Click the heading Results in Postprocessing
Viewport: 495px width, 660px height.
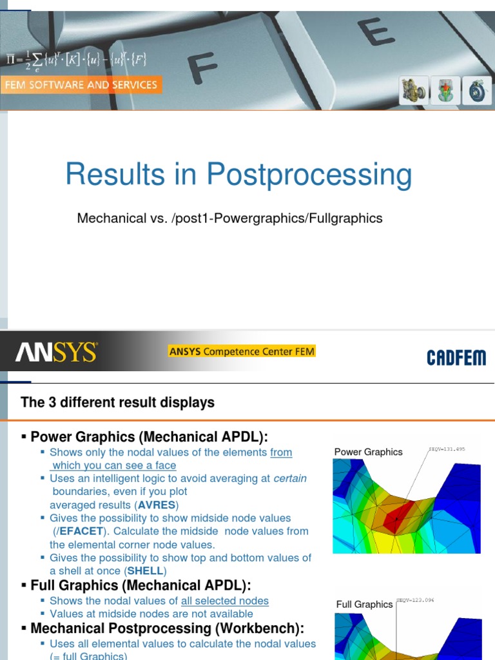coord(238,175)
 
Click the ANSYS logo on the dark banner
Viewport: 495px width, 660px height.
coord(56,353)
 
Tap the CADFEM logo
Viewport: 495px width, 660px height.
coord(456,358)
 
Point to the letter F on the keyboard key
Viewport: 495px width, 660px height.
coord(204,70)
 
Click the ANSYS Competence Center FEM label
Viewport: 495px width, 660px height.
coord(242,352)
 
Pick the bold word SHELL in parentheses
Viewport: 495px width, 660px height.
coord(145,571)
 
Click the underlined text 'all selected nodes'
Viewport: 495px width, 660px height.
coord(225,601)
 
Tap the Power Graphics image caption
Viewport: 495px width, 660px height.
coord(368,452)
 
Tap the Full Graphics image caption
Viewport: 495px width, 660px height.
coord(364,604)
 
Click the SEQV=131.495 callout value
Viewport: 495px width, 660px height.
coord(447,449)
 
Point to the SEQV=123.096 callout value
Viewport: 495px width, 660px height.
coord(415,599)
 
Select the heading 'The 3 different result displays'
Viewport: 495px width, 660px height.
coord(117,403)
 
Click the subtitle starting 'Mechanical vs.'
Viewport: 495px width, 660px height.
coord(229,218)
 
